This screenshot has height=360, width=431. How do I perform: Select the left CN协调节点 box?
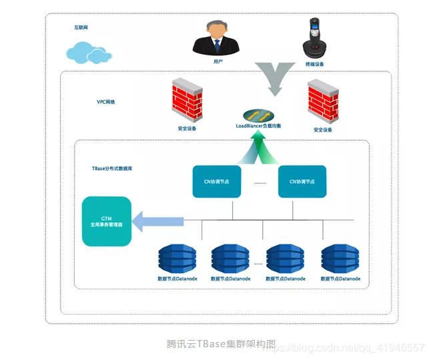217,182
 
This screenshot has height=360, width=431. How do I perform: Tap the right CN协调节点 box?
302,182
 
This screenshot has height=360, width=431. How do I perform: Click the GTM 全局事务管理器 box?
106,222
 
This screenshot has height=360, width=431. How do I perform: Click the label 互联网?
81,27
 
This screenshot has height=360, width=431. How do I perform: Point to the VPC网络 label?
105,102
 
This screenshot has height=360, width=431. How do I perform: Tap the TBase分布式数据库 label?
112,169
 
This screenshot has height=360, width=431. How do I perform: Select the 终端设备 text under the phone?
315,64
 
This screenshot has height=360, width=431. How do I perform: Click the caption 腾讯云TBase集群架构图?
221,344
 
